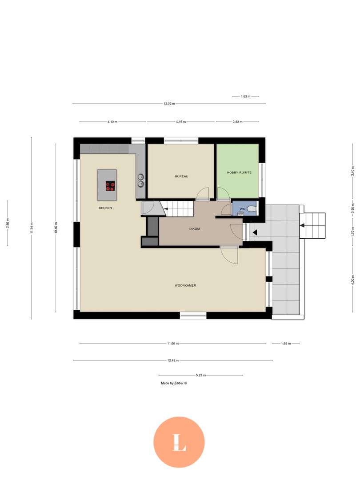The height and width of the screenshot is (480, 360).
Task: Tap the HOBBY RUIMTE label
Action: coord(236,172)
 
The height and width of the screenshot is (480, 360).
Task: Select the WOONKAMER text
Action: coord(185,285)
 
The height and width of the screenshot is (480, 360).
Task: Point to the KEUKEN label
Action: coord(105,208)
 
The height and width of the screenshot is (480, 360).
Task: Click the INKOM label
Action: coord(194,229)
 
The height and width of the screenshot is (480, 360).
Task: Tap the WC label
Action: coord(242,209)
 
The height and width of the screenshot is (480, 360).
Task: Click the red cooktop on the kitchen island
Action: coord(110,186)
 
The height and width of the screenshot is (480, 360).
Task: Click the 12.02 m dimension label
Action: coord(169,104)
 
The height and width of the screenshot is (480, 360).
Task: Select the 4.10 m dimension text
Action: coord(112,122)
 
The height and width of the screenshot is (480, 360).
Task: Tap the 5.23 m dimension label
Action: coord(201,376)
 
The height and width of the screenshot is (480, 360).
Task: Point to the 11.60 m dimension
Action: coord(173,344)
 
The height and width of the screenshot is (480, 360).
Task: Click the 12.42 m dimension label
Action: coord(173,360)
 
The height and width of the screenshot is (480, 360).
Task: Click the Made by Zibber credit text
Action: coord(174,383)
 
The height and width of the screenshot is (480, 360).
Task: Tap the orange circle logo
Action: coord(179,442)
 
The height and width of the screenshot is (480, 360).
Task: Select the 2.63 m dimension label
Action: coord(237,122)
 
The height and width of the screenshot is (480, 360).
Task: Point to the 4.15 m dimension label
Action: coord(180,122)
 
